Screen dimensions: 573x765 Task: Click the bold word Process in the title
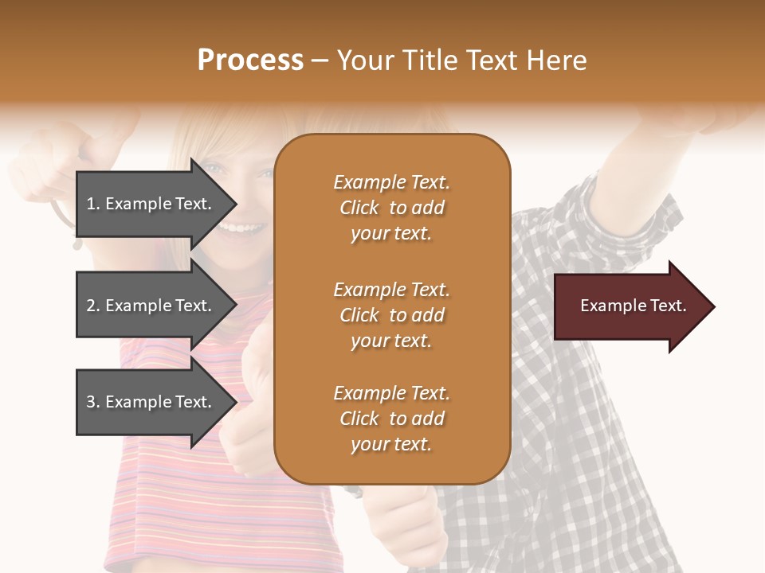(x=250, y=60)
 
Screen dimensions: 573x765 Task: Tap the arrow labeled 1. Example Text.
(x=151, y=204)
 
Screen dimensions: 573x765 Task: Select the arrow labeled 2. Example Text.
(x=151, y=306)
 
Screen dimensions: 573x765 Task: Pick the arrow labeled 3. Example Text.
(x=151, y=402)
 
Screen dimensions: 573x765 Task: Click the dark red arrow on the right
(x=630, y=306)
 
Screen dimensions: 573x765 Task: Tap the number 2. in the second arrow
(x=93, y=306)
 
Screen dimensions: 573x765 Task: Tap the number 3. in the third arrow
(x=93, y=402)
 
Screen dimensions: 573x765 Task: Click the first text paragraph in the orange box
(x=391, y=208)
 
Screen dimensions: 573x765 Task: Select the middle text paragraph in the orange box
(x=391, y=315)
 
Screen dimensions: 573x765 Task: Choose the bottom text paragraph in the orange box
(x=391, y=419)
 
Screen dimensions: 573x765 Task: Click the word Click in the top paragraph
(x=359, y=208)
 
